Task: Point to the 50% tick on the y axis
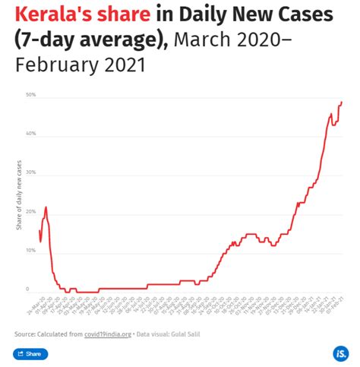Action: pyautogui.click(x=30, y=95)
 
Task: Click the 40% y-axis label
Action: pyautogui.click(x=30, y=134)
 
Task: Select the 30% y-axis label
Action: pyautogui.click(x=30, y=173)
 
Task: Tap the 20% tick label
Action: pyautogui.click(x=30, y=212)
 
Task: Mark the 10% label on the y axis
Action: pyautogui.click(x=30, y=251)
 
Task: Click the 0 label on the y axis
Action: pyautogui.click(x=27, y=289)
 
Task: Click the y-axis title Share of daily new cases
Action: pyautogui.click(x=18, y=201)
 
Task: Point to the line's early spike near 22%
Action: pyautogui.click(x=46, y=207)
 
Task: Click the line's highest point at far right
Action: pyautogui.click(x=342, y=102)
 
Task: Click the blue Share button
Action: pyautogui.click(x=30, y=353)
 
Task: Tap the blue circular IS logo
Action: pyautogui.click(x=340, y=353)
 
